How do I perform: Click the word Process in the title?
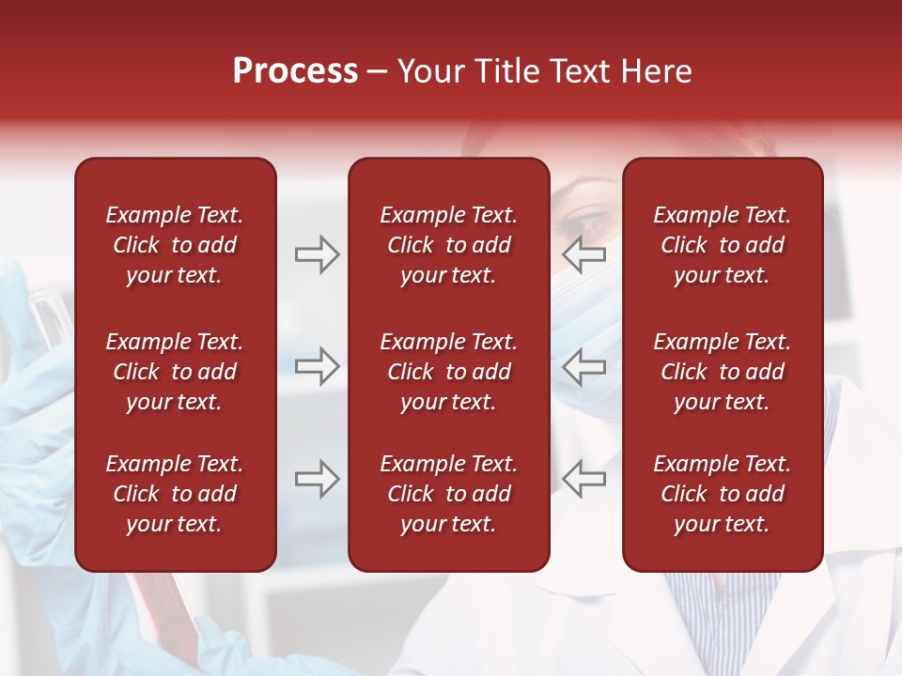[x=295, y=71]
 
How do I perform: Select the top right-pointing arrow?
[x=317, y=255]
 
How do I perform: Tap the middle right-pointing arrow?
[x=317, y=366]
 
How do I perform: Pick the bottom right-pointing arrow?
[x=317, y=479]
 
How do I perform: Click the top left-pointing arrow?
[x=584, y=255]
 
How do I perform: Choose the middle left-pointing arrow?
[x=584, y=366]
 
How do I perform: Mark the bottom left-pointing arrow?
[x=584, y=479]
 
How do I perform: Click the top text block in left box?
[x=175, y=245]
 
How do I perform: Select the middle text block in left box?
[x=175, y=372]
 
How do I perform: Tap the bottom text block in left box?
[x=175, y=494]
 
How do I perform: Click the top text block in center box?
[x=449, y=245]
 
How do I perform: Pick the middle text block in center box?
[x=449, y=372]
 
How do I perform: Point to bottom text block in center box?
[x=449, y=494]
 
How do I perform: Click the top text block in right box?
[x=723, y=245]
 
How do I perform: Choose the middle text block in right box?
[x=723, y=372]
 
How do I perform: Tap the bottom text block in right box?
[x=723, y=494]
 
